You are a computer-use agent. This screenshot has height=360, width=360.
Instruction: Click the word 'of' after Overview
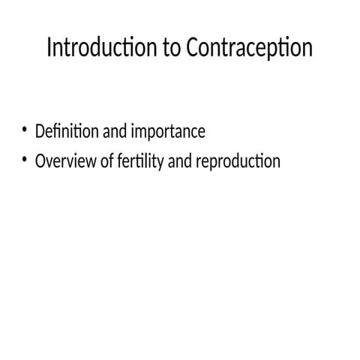(108, 160)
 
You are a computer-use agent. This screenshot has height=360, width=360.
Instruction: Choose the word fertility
(140, 161)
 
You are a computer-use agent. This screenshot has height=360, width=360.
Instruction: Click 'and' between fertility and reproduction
(178, 160)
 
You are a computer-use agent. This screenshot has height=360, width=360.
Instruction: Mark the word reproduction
(237, 161)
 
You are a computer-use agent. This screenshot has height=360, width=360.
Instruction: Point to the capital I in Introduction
(49, 48)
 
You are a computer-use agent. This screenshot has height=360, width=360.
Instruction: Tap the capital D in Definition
(40, 132)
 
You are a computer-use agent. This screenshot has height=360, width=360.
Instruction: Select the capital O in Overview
(40, 160)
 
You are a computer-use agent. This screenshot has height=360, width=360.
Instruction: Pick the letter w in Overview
(92, 161)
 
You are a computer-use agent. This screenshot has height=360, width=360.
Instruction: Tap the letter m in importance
(142, 133)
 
